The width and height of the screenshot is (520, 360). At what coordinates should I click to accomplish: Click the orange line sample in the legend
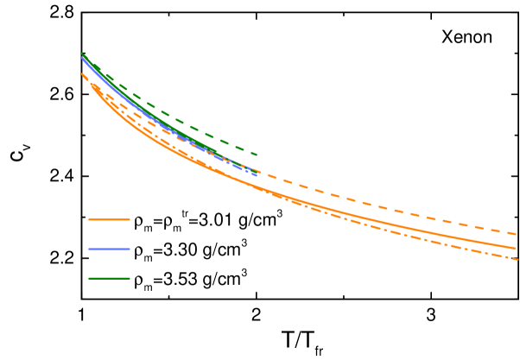tap(109, 219)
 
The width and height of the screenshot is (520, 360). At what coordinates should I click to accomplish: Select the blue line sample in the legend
tap(109, 249)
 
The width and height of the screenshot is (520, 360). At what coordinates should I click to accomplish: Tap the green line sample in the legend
tap(109, 278)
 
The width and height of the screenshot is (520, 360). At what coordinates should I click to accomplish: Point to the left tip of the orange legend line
tap(89, 219)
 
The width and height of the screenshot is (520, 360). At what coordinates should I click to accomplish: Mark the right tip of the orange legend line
tap(130, 219)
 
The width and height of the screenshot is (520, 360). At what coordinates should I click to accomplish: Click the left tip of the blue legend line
tap(89, 249)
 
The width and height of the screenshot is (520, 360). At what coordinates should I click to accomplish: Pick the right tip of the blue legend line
tap(130, 249)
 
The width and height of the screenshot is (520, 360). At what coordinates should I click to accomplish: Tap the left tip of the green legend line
tap(89, 278)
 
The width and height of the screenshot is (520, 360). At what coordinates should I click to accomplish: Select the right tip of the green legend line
tap(130, 278)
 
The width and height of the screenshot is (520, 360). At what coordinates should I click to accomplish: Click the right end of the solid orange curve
tap(516, 248)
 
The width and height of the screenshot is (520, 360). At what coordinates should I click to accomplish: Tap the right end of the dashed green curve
tap(257, 155)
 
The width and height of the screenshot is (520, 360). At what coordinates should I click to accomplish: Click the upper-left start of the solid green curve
tap(82, 54)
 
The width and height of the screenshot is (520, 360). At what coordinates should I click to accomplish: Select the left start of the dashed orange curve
tap(82, 73)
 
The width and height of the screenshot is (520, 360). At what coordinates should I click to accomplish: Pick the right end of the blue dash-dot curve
tap(257, 175)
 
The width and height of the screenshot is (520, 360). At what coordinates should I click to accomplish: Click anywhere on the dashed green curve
tap(216, 138)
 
